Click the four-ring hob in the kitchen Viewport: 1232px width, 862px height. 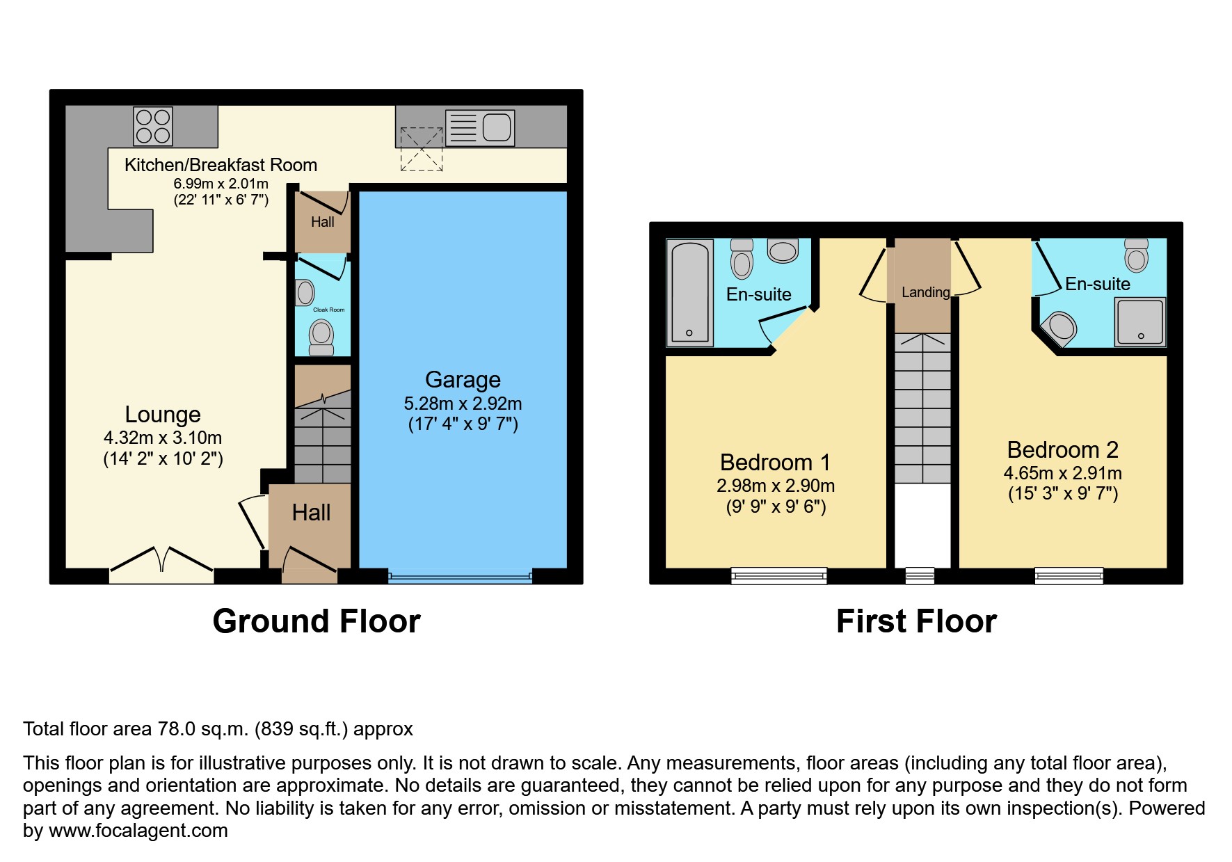tap(153, 126)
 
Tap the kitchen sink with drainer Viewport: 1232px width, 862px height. tap(480, 127)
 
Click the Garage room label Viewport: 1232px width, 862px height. tap(463, 380)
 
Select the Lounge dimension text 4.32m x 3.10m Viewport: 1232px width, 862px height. tap(163, 438)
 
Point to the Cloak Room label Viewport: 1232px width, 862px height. tap(328, 310)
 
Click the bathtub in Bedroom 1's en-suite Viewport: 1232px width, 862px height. tap(689, 292)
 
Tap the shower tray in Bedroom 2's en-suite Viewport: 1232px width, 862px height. tap(1139, 321)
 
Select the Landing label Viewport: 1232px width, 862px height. tap(925, 292)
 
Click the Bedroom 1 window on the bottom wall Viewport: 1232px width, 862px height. tap(778, 575)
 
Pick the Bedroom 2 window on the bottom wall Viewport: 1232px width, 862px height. tap(1069, 575)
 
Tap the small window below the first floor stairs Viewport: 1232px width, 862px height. tap(920, 575)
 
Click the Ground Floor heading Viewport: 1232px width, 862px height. tap(317, 621)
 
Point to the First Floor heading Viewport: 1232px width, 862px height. tap(916, 621)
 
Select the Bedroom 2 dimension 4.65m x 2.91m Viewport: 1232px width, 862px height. tap(1062, 473)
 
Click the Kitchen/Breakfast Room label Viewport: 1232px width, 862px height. tap(221, 165)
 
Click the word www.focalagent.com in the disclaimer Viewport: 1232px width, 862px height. tap(138, 831)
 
